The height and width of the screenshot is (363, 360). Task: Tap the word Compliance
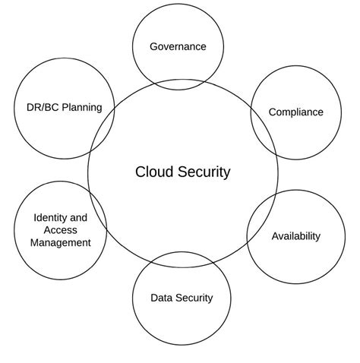[x=296, y=112]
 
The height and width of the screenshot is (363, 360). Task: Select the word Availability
[x=296, y=236]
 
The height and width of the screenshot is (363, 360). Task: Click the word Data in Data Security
[x=162, y=298]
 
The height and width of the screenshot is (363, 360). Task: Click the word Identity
[x=50, y=218]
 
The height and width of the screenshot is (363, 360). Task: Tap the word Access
[x=61, y=230]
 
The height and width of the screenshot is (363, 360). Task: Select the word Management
[x=61, y=243]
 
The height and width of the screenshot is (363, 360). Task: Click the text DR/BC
[x=32, y=107]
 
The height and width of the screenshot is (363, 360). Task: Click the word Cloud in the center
[x=153, y=172]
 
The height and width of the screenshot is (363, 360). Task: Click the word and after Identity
[x=79, y=218]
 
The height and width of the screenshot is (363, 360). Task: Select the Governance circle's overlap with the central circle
[x=180, y=84]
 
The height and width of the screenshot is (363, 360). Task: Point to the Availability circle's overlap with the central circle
[x=259, y=216]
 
